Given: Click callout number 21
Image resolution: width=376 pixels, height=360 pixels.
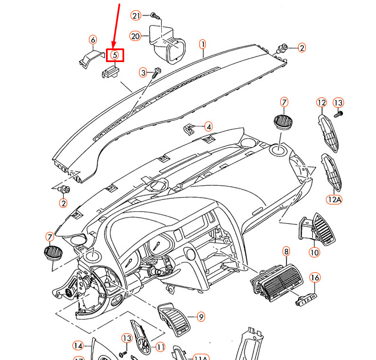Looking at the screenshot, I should point(136,15).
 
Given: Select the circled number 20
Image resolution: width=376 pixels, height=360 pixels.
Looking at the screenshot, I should point(135,36).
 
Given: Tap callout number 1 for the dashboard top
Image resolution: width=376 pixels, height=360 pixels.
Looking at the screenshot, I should point(202,44).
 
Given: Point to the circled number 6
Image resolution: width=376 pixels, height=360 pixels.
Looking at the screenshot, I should point(92,40).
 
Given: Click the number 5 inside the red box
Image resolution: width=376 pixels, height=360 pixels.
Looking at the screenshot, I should point(115,55).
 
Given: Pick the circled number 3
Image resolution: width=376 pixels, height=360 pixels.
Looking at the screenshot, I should point(144,72).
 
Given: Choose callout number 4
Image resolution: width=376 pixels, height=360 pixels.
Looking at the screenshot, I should point(209,126).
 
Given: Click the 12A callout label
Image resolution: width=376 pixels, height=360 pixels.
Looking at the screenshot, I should point(333,199).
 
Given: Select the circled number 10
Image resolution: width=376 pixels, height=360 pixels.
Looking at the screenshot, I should point(314,251).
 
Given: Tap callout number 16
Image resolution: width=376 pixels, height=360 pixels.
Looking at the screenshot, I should point(315,277).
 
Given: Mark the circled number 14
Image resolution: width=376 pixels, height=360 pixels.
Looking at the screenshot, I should point(78,345).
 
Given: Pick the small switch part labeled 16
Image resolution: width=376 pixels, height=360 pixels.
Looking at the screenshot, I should point(306,297).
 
